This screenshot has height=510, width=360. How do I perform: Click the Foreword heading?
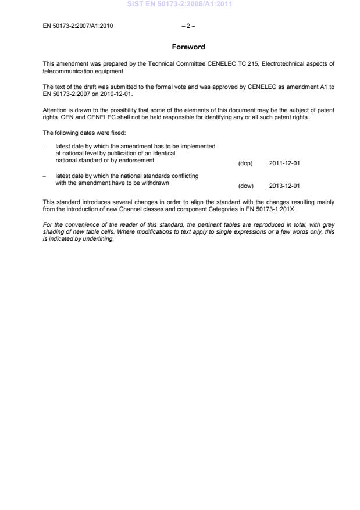click(188, 47)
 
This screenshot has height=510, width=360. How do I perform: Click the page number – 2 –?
click(188, 25)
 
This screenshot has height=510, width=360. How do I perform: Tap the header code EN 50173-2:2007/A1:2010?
click(78, 25)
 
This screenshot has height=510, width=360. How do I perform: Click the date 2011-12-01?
click(284, 163)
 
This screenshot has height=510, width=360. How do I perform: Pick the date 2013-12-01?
click(284, 186)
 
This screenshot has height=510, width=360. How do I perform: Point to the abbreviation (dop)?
click(245, 163)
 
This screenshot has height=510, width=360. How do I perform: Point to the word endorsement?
click(137, 160)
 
